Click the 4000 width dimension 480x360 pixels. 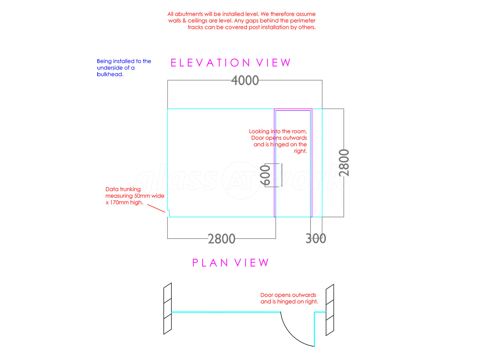[245, 80]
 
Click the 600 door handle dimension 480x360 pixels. [265, 175]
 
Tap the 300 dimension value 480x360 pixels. [316, 238]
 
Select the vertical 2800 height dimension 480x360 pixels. [344, 163]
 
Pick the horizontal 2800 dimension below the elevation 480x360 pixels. [221, 239]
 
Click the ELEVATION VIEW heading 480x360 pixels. [230, 63]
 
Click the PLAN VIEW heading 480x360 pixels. [230, 262]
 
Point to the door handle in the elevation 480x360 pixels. [282, 175]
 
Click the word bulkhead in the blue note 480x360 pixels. [110, 74]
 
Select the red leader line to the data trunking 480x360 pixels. [156, 208]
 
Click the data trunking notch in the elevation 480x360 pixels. [168, 214]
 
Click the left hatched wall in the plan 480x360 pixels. [167, 308]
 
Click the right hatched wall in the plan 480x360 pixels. [330, 310]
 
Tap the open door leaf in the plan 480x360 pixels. [314, 329]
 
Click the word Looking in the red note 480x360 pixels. [259, 131]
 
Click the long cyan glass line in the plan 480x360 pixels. [226, 312]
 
